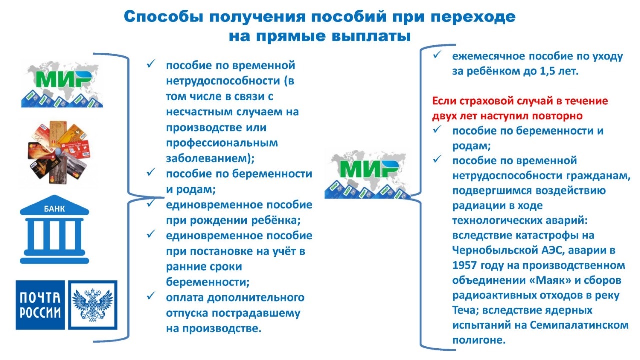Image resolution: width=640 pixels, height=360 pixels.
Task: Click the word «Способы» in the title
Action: click(x=163, y=17)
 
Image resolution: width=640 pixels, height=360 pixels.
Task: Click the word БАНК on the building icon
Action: click(x=54, y=209)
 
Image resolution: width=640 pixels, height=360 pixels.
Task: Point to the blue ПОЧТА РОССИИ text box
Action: click(x=40, y=305)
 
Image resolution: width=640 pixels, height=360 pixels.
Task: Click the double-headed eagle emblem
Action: click(x=93, y=305)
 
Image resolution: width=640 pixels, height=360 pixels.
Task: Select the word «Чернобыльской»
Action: click(x=495, y=250)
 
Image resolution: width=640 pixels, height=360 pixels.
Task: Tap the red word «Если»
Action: click(x=444, y=101)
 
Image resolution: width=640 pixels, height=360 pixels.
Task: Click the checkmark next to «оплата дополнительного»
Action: click(x=151, y=296)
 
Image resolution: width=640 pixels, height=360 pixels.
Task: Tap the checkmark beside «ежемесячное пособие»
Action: click(x=437, y=55)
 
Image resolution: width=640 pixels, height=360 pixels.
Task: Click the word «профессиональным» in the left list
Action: click(x=222, y=143)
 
